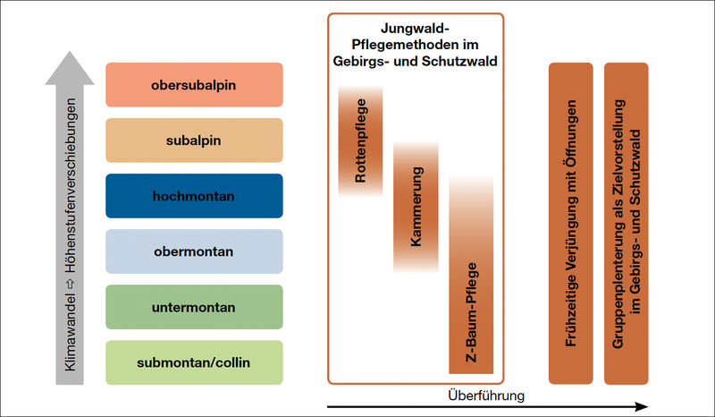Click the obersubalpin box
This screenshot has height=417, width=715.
(x=194, y=85)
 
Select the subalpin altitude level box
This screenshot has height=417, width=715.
(x=194, y=140)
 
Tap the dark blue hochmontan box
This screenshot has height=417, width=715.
(x=194, y=196)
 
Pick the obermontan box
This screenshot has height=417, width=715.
(x=194, y=251)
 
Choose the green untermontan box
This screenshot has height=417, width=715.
(x=194, y=307)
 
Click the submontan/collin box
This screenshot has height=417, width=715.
(x=194, y=362)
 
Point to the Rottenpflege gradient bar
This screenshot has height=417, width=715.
(x=361, y=141)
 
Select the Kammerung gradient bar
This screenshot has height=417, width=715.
(x=416, y=206)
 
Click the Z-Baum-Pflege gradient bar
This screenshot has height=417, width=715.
(x=471, y=277)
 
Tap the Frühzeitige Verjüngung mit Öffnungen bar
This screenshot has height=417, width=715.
(x=571, y=224)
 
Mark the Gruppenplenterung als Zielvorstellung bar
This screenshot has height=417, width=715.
(x=627, y=224)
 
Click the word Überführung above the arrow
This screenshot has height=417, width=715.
(x=485, y=395)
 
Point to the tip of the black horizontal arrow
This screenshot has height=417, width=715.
(x=644, y=407)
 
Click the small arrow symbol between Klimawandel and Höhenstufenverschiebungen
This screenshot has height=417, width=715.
(x=70, y=291)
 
